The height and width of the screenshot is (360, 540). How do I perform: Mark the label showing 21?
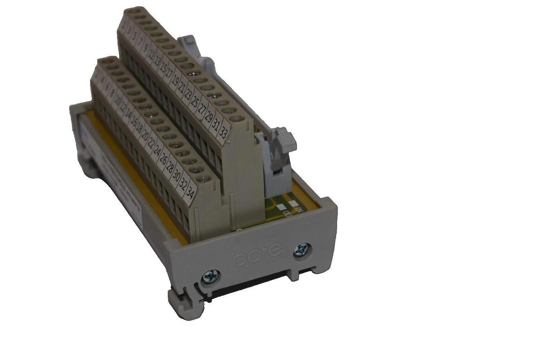180,91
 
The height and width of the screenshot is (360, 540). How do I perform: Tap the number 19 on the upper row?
174,85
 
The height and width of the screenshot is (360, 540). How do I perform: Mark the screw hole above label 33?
237,119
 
